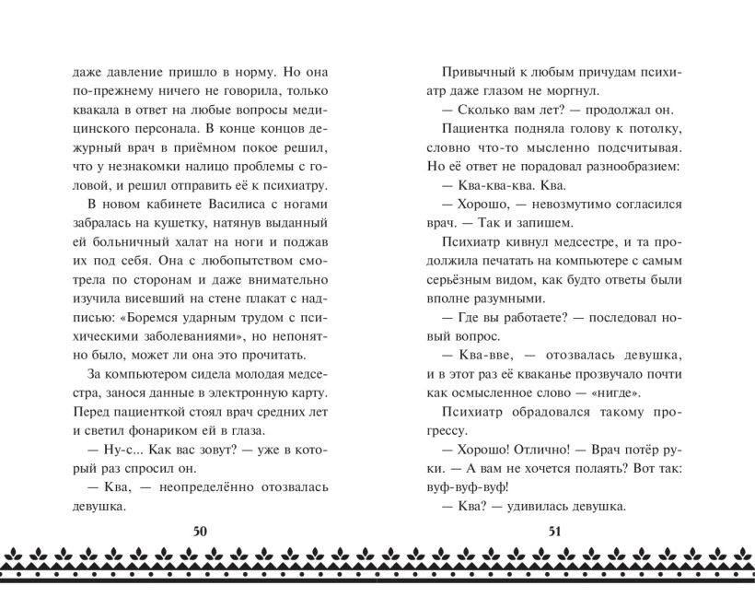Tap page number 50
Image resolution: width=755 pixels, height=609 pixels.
[x=201, y=530]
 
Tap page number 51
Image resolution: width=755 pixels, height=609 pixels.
[x=554, y=530]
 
